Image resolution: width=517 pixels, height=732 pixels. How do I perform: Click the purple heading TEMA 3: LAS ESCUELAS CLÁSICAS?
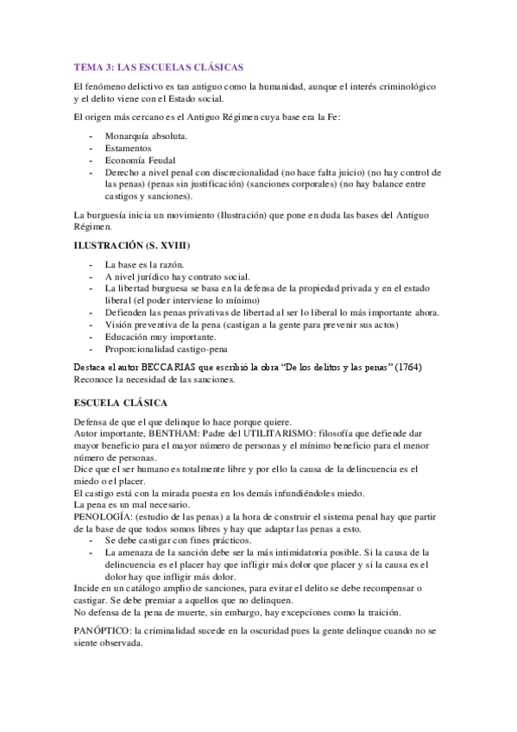pyautogui.click(x=158, y=66)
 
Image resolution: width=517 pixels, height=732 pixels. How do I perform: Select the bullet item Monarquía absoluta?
pyautogui.click(x=146, y=136)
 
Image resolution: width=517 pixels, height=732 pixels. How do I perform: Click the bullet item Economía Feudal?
pyautogui.click(x=142, y=161)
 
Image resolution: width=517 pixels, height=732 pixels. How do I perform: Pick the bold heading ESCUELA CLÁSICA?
pyautogui.click(x=121, y=403)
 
